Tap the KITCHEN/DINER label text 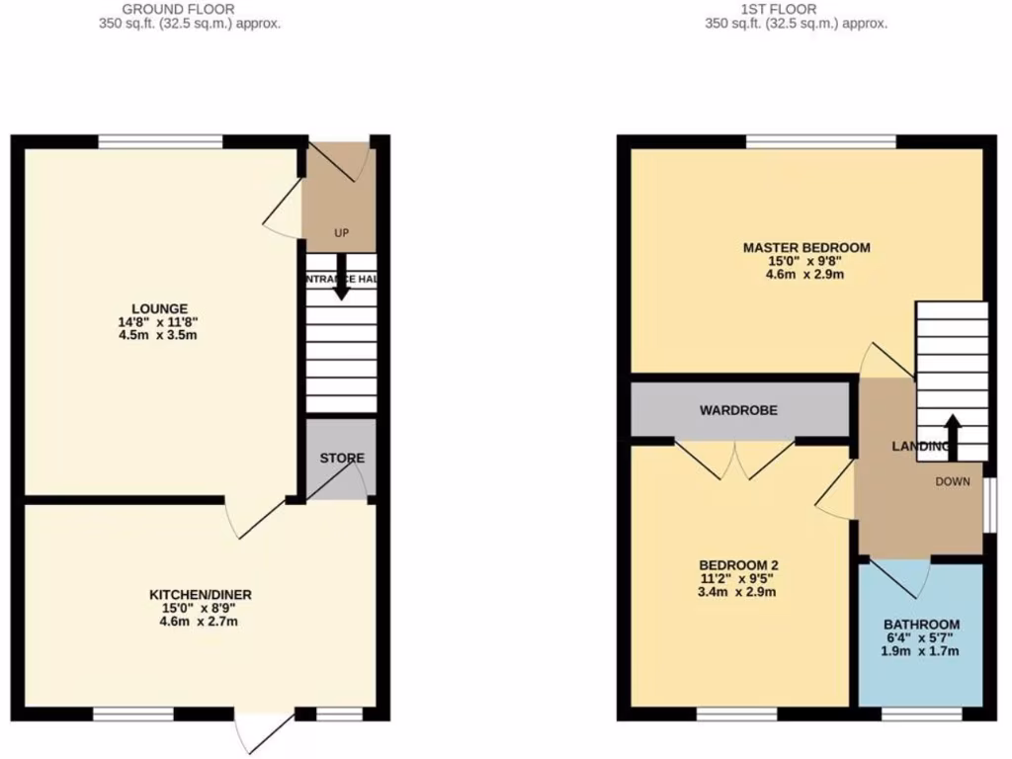click(x=200, y=595)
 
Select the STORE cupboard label click(x=342, y=459)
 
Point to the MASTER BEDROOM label click(x=806, y=247)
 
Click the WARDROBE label click(x=739, y=409)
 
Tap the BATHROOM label click(x=921, y=625)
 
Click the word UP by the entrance click(x=342, y=234)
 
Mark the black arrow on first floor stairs click(x=953, y=433)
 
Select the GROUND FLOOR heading click(x=190, y=10)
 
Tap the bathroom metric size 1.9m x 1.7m click(x=921, y=651)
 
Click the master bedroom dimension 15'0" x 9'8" click(x=806, y=261)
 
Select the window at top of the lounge click(x=160, y=141)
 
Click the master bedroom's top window click(x=820, y=141)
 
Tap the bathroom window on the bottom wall click(x=921, y=714)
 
